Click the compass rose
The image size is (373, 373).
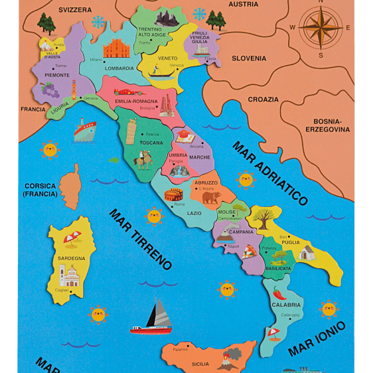click(321, 28)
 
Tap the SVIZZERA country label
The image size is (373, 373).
click(74, 10)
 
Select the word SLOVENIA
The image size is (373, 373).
click(249, 58)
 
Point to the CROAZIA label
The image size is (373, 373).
click(263, 99)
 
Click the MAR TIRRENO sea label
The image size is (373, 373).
click(140, 240)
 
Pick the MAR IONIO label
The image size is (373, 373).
click(317, 338)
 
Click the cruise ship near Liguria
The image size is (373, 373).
click(85, 131)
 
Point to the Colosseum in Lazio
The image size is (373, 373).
click(174, 196)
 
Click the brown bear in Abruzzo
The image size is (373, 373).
click(211, 197)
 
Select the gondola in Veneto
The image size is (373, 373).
click(157, 70)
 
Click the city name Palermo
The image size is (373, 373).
click(180, 349)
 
